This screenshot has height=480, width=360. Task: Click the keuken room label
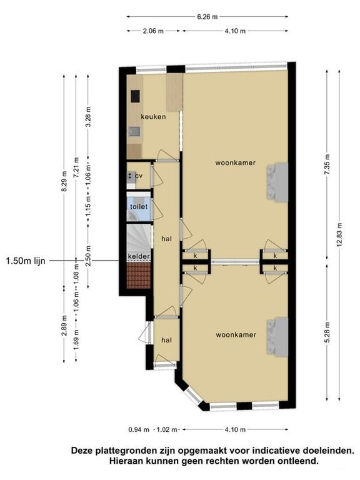click(x=153, y=117)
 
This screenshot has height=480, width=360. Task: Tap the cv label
click(x=139, y=176)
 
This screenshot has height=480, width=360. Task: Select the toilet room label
click(x=139, y=207)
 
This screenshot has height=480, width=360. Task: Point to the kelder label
click(x=139, y=256)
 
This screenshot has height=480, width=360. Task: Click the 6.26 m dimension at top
click(x=207, y=17)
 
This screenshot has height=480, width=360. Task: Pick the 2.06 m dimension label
click(x=153, y=31)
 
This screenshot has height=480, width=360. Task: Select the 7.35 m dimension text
click(x=327, y=164)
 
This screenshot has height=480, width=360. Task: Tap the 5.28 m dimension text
click(x=327, y=332)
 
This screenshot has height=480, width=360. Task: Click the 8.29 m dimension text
click(x=64, y=181)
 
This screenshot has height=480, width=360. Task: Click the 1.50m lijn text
click(x=26, y=261)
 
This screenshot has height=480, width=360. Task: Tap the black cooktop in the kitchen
click(x=135, y=96)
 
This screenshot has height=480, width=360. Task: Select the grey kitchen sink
click(x=135, y=132)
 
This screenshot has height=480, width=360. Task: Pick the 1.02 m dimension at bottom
click(x=167, y=429)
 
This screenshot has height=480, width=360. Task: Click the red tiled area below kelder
click(x=139, y=275)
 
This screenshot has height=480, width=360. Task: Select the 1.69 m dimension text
click(x=76, y=340)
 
